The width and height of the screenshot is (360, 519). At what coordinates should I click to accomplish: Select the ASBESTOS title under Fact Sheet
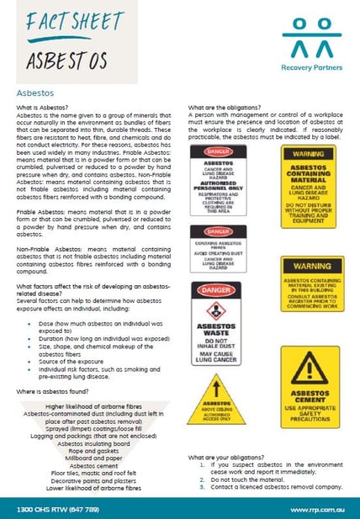[67, 60]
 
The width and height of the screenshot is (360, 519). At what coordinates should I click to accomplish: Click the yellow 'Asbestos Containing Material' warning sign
[309, 175]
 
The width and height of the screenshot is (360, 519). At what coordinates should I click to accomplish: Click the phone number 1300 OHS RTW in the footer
[53, 508]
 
